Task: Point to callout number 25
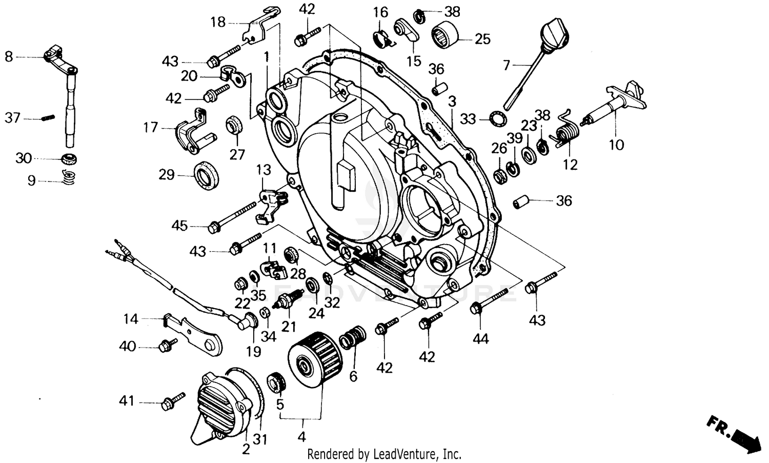(482, 39)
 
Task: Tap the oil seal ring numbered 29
(207, 174)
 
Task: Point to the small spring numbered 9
(69, 177)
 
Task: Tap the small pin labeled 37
(47, 118)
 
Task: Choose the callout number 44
(480, 338)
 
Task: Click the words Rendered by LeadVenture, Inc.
(384, 454)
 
